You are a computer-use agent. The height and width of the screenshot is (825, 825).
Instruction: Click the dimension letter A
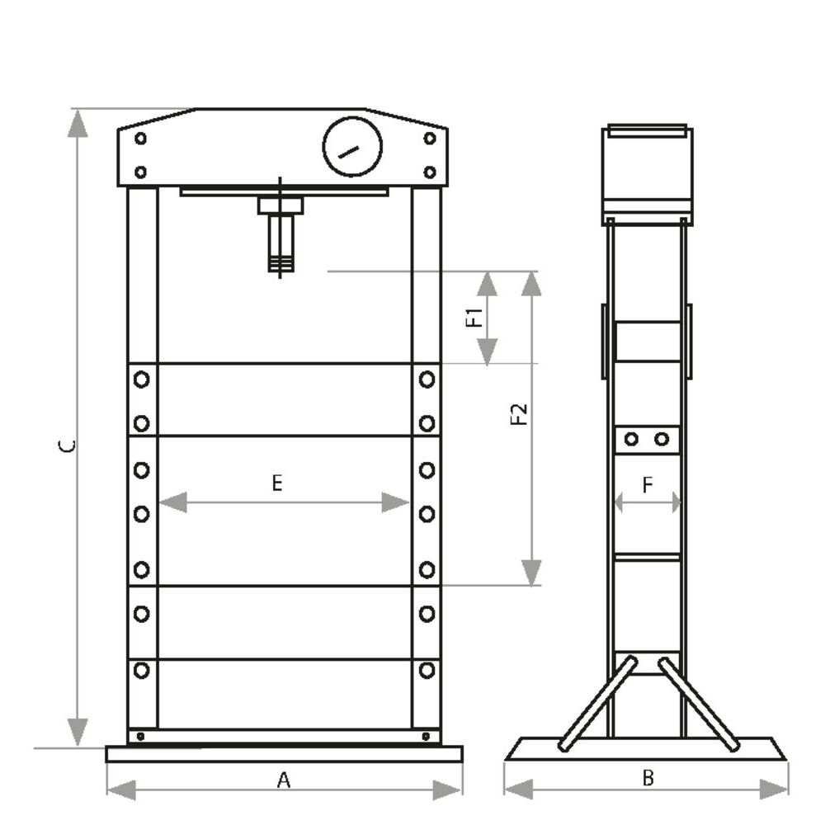pos(284,780)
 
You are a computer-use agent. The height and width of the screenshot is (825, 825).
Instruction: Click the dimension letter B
pos(648,777)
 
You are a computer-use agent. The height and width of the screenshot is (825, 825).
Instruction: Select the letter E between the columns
pos(277,483)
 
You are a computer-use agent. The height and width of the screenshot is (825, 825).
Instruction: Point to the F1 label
pos(474,318)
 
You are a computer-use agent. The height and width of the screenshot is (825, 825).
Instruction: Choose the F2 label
pos(519,414)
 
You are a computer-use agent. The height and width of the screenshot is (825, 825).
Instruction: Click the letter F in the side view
pos(648,484)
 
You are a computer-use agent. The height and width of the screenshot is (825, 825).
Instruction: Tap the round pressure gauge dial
pos(352,147)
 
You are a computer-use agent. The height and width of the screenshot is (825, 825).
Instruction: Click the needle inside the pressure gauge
pos(348,152)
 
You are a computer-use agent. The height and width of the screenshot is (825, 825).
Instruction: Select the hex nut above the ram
pos(280,205)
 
